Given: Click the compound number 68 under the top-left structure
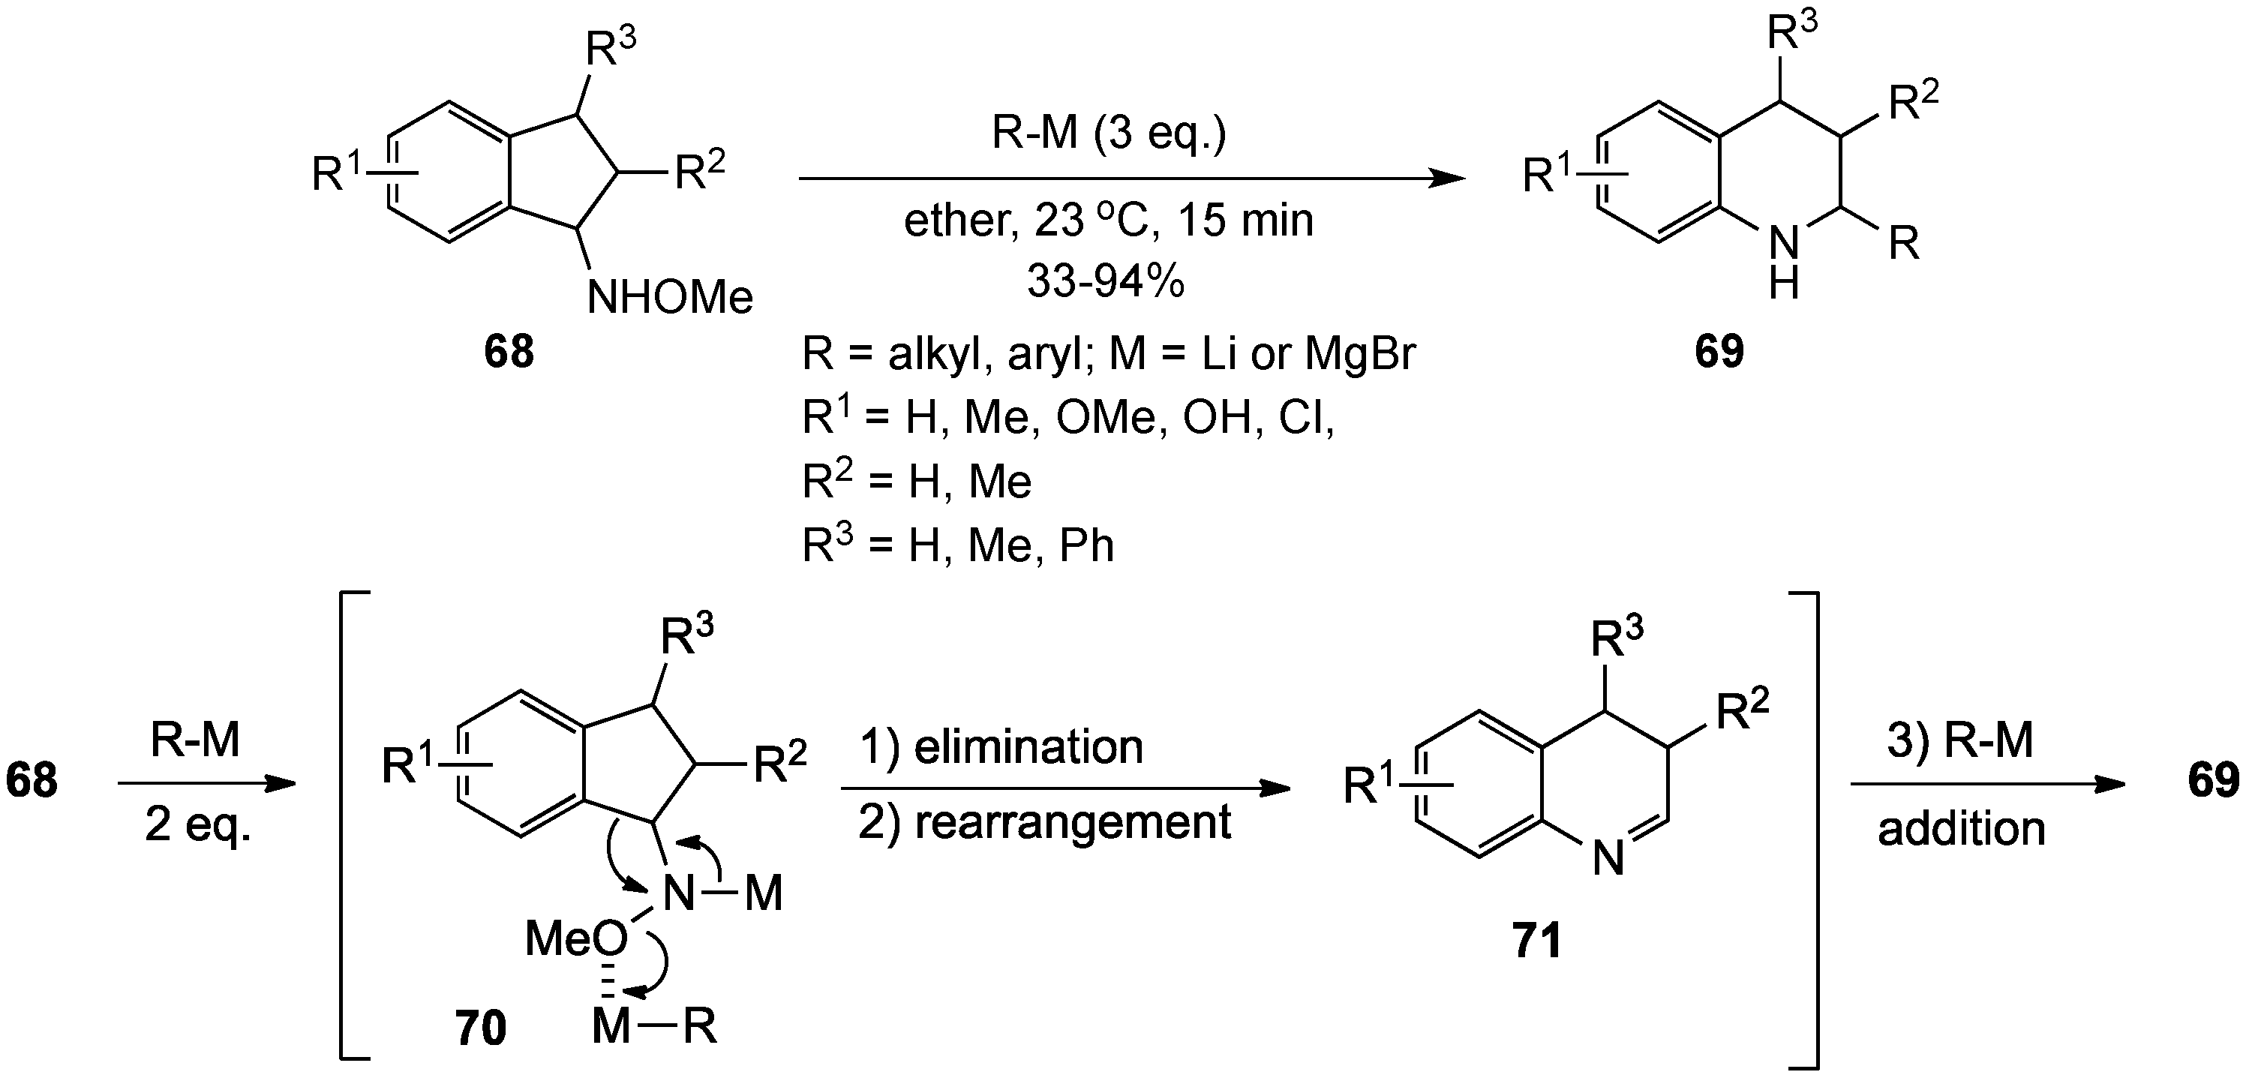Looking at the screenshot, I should click(x=509, y=352).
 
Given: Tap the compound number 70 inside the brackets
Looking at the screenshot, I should click(x=480, y=1028).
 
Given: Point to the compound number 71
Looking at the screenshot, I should click(x=1537, y=941).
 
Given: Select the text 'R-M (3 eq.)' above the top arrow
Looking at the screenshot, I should click(x=1109, y=134).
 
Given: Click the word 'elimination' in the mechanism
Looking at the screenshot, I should click(x=1028, y=747).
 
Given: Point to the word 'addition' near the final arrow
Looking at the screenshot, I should click(x=1961, y=828).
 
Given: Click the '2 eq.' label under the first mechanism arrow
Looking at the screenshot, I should click(x=197, y=824).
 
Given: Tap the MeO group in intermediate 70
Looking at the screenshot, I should click(x=575, y=939).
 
